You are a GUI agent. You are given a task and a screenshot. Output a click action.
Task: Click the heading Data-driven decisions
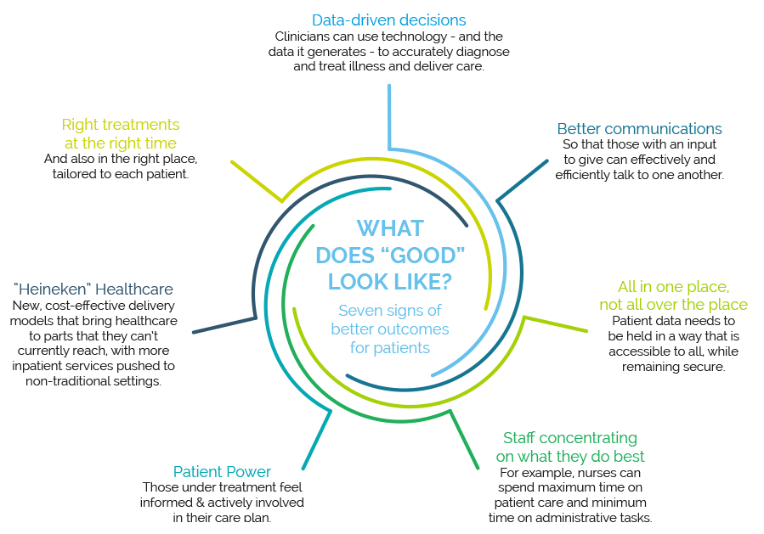(x=389, y=20)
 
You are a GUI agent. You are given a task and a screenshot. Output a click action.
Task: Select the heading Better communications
(x=639, y=128)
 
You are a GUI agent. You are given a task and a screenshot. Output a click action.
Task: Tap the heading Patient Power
(x=222, y=471)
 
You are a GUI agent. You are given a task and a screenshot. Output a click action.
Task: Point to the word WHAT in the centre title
(x=390, y=228)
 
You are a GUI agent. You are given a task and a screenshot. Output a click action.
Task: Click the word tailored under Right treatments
(x=76, y=174)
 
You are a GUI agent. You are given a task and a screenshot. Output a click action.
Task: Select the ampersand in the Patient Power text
(x=200, y=503)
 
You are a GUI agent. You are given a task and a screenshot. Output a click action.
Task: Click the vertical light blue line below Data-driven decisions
(x=389, y=117)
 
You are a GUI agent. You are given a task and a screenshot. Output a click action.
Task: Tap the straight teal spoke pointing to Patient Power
(x=317, y=440)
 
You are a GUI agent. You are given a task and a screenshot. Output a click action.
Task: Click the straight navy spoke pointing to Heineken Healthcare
(x=224, y=325)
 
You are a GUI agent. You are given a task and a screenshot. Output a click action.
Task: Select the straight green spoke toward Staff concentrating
(x=464, y=440)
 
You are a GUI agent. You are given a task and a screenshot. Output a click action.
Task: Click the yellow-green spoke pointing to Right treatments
(x=257, y=181)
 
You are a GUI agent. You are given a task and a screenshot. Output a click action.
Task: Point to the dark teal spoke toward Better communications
(x=523, y=180)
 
